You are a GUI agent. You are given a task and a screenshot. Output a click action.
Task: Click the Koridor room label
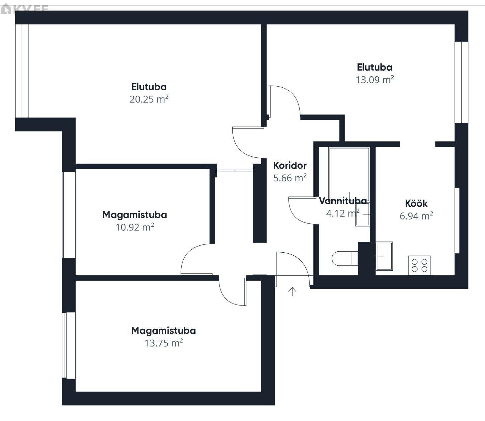coord(290,165)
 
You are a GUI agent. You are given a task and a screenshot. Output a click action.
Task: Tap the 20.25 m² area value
coord(149,99)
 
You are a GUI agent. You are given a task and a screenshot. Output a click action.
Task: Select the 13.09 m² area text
coord(374,80)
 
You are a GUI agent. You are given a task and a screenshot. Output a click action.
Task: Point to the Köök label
coord(416,204)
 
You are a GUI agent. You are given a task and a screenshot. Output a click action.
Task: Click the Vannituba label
coord(343,201)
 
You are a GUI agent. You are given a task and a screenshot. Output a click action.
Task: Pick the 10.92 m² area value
coord(135,227)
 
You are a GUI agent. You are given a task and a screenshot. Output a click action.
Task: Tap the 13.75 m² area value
coord(164,343)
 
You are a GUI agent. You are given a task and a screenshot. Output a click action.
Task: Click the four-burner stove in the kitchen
coord(419,265)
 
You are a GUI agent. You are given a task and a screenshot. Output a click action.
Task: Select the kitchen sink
coord(384,256)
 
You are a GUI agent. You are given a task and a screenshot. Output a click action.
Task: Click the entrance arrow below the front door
coord(292,291)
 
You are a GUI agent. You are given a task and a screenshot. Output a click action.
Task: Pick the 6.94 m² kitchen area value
coord(416,216)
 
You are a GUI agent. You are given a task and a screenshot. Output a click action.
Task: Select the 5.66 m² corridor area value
coord(290,178)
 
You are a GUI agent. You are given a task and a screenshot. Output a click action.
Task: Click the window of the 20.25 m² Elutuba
coord(22,71)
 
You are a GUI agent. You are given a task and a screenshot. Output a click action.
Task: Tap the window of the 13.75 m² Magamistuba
coord(69,346)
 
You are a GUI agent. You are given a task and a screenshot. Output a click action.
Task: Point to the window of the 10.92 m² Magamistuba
coord(69,215)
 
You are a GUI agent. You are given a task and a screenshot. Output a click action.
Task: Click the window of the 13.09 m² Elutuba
coord(461,82)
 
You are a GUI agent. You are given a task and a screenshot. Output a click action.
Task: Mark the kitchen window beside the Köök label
coord(457,221)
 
